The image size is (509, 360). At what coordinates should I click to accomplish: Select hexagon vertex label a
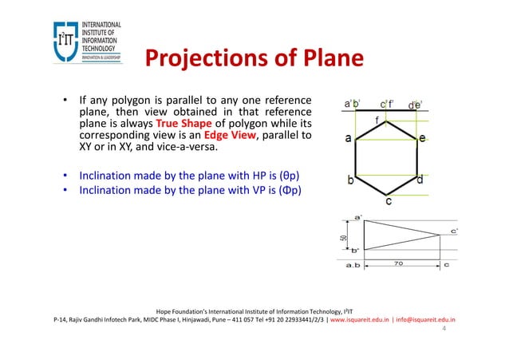coord(349,138)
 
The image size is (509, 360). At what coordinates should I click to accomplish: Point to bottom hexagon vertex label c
coord(389,202)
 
